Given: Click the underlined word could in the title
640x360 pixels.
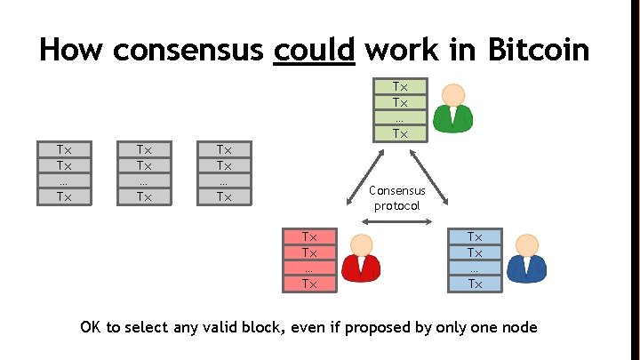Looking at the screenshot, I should tap(315, 49).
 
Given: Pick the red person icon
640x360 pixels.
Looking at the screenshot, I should tap(359, 259).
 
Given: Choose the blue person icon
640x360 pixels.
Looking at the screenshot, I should tap(528, 259).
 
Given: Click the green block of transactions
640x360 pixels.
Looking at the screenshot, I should tap(400, 110).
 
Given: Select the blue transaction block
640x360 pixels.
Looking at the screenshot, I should tap(475, 260).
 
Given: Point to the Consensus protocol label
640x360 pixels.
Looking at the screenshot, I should tap(397, 198).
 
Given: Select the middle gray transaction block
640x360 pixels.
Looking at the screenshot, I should tap(143, 172).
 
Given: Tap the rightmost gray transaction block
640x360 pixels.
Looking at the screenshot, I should tap(223, 172).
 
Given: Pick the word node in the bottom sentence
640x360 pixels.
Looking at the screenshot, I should tap(519, 327).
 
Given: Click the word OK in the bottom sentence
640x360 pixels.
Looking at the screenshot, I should tap(91, 327).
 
